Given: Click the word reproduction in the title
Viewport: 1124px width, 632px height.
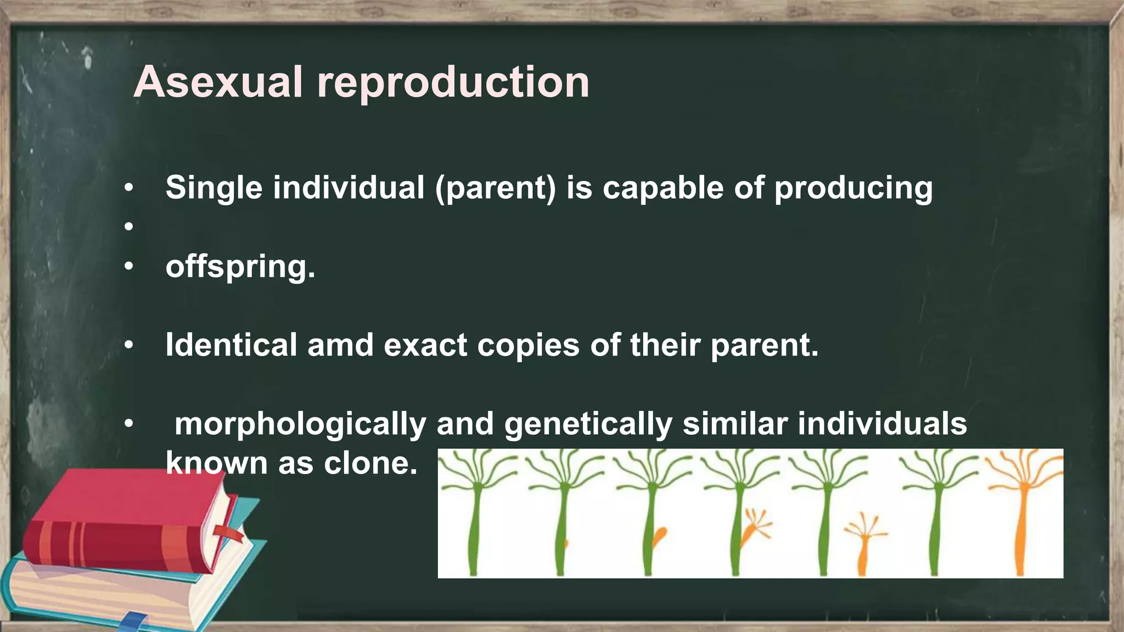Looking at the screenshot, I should click(x=453, y=82).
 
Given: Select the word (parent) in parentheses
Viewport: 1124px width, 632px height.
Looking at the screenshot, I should click(x=496, y=188).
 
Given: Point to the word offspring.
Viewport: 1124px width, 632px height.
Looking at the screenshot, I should click(x=240, y=267).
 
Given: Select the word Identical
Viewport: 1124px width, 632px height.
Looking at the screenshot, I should click(x=231, y=346).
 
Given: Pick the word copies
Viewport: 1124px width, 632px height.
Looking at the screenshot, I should click(x=528, y=346).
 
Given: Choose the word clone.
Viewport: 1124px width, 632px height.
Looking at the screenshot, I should click(x=370, y=464).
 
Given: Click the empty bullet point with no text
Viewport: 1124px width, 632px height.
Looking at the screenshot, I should click(x=128, y=226).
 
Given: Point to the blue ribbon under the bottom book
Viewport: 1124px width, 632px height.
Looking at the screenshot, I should click(x=134, y=623).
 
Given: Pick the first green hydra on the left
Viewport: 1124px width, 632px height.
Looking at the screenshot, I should click(x=475, y=516).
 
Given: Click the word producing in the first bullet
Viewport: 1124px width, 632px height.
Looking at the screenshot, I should click(x=853, y=188).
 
